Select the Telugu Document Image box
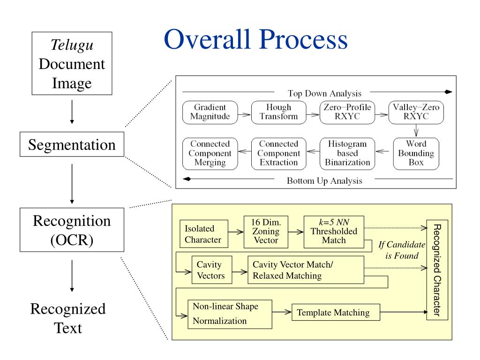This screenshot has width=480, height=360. pos(72,64)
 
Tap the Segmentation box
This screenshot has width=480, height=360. pos(72,144)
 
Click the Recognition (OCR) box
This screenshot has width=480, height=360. pos(72,230)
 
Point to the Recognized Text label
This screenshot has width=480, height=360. pos(68,318)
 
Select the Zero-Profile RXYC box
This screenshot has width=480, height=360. pos(347,112)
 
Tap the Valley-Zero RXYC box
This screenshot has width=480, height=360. pos(416,112)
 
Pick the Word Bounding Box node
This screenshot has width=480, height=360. pos(416,153)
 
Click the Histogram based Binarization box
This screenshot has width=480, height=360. pos(347,153)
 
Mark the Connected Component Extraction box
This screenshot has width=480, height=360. pos(278,153)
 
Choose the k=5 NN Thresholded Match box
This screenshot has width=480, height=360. pos(334,232)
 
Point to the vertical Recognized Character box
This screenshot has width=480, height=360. pos(437,270)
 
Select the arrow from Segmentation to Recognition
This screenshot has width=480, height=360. pos(72,180)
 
